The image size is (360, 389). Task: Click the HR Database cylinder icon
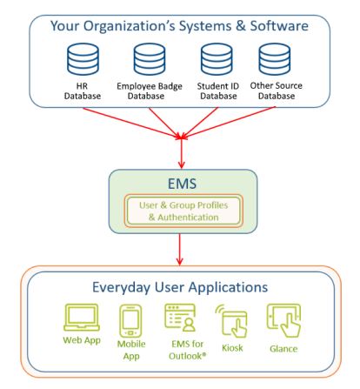pos(83,59)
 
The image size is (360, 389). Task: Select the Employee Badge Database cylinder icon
pos(150,59)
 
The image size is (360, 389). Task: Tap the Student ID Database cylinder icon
pos(217,59)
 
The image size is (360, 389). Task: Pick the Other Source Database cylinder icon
pos(275,59)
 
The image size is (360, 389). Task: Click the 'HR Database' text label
pos(83,91)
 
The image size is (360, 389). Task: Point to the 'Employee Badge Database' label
pos(150,91)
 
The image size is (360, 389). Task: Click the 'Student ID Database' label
pos(218,91)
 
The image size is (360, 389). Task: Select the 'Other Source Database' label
pos(277,91)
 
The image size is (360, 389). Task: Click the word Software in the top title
pos(279,26)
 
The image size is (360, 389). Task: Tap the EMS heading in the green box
pos(183,184)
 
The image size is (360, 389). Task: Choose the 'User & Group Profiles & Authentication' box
pos(183,211)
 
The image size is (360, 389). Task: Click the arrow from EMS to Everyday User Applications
pos(180,250)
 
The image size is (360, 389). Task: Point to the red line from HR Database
pos(132,123)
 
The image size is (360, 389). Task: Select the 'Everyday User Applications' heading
pos(180,287)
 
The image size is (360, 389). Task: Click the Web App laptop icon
pos(82,318)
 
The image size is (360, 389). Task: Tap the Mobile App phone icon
pos(130,321)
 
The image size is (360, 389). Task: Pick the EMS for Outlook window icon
pos(180,318)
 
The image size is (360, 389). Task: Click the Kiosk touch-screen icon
pos(231,321)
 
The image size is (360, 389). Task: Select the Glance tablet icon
pos(283,320)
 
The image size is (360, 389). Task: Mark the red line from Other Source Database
pos(229,123)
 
